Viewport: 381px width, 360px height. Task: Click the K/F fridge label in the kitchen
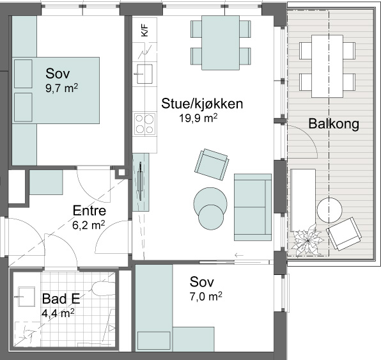tap(144, 30)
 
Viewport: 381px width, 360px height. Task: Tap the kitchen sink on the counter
tap(144, 74)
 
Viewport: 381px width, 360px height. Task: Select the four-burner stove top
tap(145, 123)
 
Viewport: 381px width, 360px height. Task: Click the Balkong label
tap(334, 123)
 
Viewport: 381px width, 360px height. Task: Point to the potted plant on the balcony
tap(307, 240)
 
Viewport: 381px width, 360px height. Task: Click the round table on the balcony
tap(329, 210)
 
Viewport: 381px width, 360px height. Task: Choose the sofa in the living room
tap(253, 207)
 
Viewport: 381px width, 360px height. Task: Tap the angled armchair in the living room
tap(212, 164)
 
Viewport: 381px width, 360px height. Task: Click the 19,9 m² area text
tap(198, 118)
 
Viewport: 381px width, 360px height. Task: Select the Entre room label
tap(89, 211)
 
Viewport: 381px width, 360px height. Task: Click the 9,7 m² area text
tap(62, 88)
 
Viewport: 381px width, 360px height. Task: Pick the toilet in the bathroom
tap(104, 288)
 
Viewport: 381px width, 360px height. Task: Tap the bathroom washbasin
tap(26, 297)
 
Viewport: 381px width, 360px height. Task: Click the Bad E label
tap(61, 299)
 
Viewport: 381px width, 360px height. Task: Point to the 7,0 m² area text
tap(206, 297)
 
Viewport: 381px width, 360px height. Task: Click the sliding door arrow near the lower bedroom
tap(239, 255)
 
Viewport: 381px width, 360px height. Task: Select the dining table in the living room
tap(221, 43)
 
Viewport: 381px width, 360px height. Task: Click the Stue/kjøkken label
tap(202, 104)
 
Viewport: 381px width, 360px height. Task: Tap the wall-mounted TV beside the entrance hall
tap(141, 182)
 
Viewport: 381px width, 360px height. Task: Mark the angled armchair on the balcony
tap(344, 234)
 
